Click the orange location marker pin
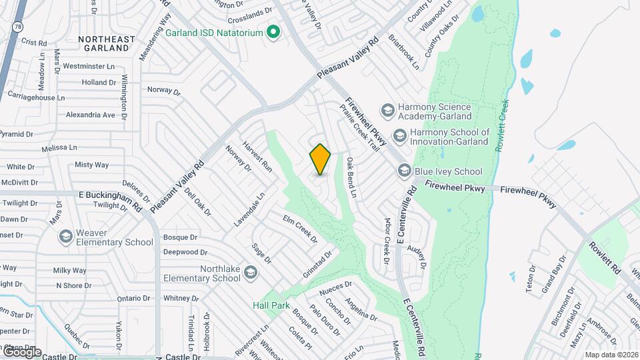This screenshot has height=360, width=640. click(x=321, y=159)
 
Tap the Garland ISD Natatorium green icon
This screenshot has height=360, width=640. click(x=273, y=31)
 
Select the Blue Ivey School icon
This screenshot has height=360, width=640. click(x=404, y=171)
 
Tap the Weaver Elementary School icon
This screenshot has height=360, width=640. click(x=65, y=236)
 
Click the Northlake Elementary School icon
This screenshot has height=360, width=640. click(x=250, y=271)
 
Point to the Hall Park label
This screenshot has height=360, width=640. click(x=271, y=305)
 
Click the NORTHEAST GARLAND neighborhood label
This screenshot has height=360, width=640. click(x=112, y=43)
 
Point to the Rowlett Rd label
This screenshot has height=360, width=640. click(x=605, y=257)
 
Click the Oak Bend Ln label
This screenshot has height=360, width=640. click(x=351, y=177)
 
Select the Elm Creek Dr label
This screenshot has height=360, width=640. click(x=300, y=229)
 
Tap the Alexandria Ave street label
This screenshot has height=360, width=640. click(x=91, y=115)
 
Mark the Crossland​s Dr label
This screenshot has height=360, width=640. click(x=250, y=11)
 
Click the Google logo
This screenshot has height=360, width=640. click(x=21, y=351)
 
